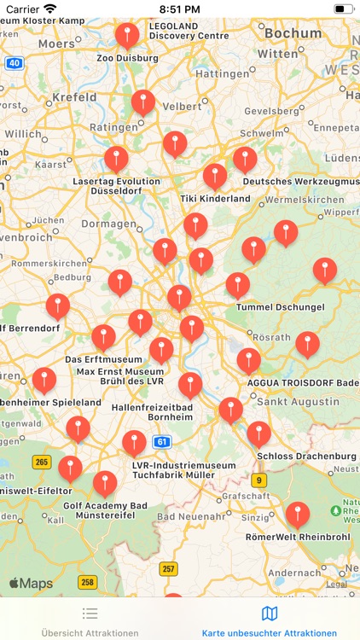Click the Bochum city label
[x=292, y=33]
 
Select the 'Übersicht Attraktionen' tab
[x=90, y=620]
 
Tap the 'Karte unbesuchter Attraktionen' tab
[x=270, y=620]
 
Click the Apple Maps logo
[x=31, y=584]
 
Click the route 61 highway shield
[x=161, y=441]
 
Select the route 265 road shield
[x=42, y=462]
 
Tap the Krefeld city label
[x=75, y=98]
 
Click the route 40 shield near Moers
[x=15, y=63]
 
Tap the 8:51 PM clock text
[x=179, y=9]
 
